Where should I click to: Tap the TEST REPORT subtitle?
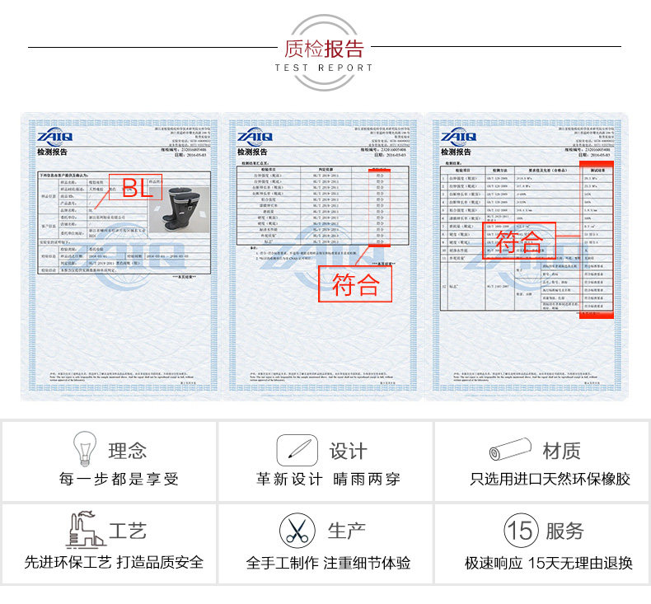[324, 68]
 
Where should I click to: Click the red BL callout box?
[139, 188]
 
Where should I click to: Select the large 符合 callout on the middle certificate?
[355, 283]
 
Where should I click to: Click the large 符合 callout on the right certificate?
[521, 241]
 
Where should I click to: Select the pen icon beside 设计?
[297, 450]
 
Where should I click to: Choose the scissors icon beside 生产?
[296, 530]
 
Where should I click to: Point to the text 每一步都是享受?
[119, 479]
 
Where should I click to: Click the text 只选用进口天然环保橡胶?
[550, 479]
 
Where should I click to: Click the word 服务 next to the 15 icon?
[564, 531]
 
